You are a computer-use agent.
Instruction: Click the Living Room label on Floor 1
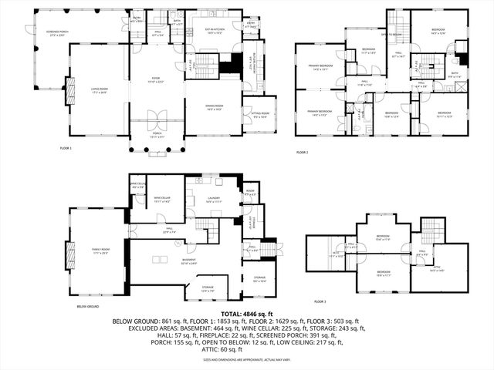pyautogui.click(x=99, y=90)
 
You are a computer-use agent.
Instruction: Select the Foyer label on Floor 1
pyautogui.click(x=156, y=80)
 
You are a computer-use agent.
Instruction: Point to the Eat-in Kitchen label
pyautogui.click(x=204, y=32)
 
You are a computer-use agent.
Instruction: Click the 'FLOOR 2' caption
pyautogui.click(x=302, y=152)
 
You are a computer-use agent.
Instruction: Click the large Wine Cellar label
pyautogui.click(x=162, y=200)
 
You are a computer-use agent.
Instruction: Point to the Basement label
pyautogui.click(x=188, y=261)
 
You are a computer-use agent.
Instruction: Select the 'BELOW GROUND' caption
pyautogui.click(x=87, y=307)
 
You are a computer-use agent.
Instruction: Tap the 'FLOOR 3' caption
pyautogui.click(x=320, y=301)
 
